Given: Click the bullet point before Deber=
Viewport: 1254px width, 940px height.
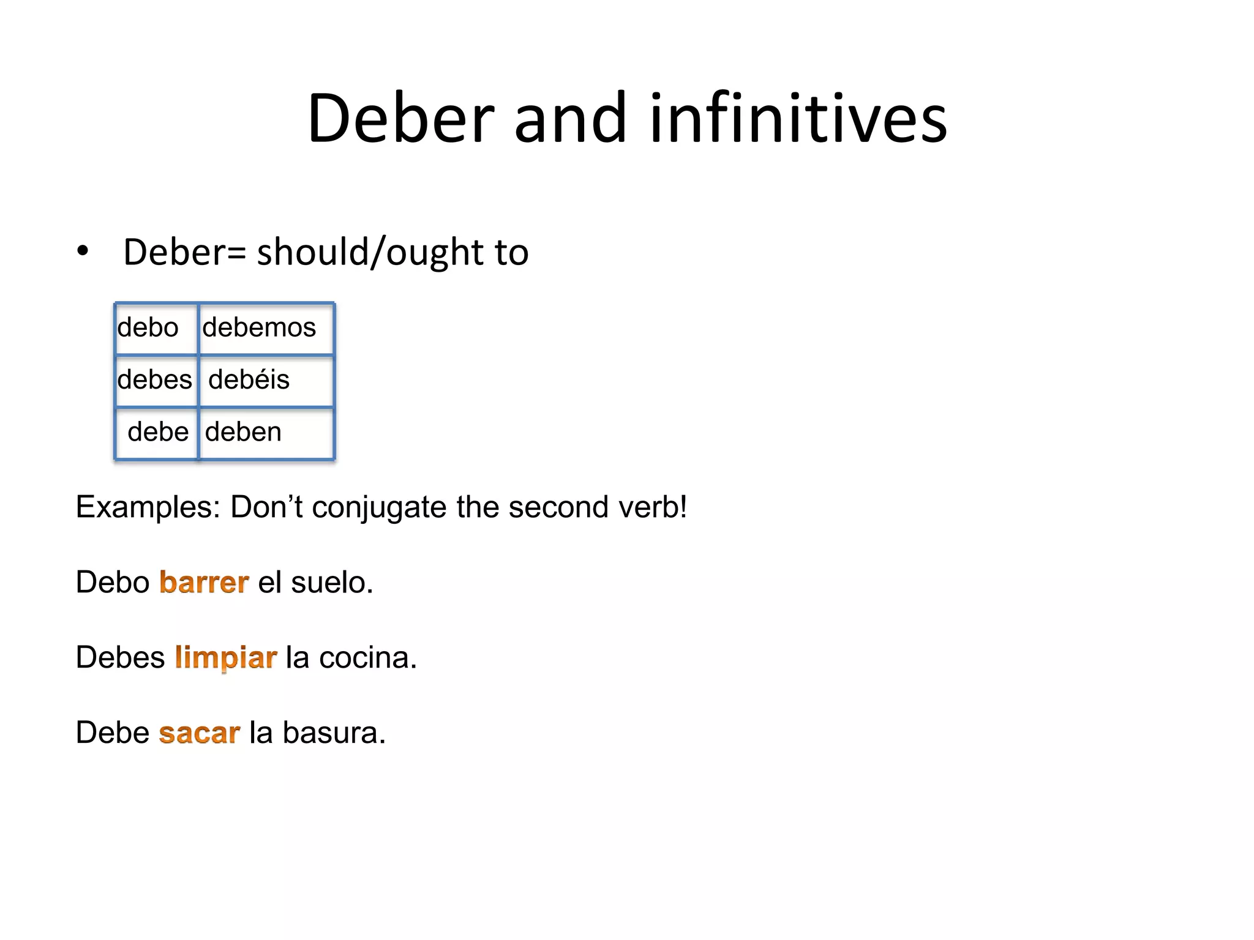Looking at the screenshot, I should click(x=83, y=252).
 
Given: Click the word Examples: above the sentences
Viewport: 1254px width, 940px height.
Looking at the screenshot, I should click(x=148, y=507).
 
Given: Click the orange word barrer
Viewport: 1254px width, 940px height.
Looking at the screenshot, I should click(x=204, y=582).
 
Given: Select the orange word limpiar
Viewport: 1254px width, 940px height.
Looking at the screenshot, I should click(x=225, y=658).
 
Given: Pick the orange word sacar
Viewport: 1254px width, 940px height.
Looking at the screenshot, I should click(x=199, y=733).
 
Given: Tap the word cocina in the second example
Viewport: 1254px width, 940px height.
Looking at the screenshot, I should click(x=367, y=658).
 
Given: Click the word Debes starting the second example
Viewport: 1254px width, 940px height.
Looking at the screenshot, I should click(x=120, y=658).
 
